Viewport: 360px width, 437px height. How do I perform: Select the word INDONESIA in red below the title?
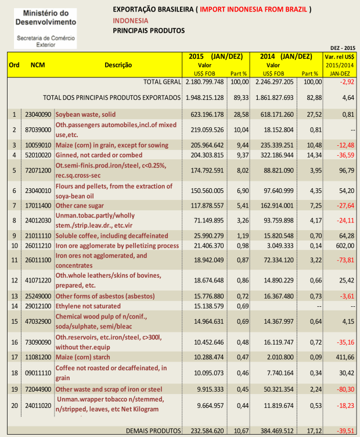tap(131, 20)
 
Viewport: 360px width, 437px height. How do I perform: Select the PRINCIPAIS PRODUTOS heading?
tap(149, 30)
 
